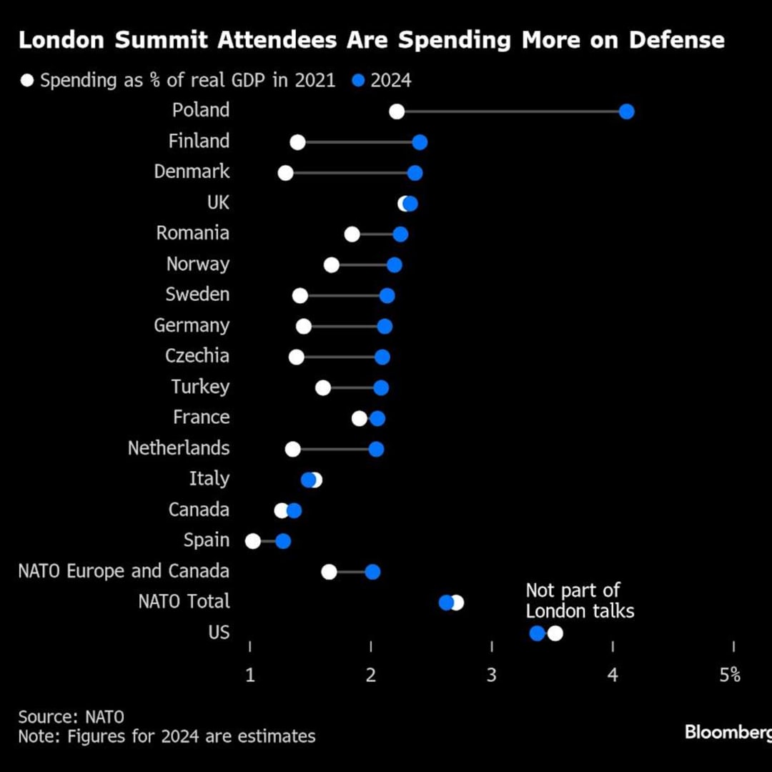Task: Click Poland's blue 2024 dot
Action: pos(627,112)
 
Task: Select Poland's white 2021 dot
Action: pos(397,112)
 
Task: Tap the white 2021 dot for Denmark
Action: pos(285,173)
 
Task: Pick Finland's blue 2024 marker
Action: pos(420,142)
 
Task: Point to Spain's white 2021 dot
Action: pos(253,541)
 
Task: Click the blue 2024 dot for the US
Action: pos(537,633)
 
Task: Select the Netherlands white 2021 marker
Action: pos(292,449)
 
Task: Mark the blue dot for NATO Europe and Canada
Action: pos(372,572)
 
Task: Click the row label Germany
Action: pos(192,326)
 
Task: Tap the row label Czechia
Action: pos(197,357)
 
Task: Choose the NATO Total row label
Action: pos(184,602)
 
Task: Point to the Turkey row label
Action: pos(200,387)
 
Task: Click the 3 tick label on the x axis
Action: pos(492,675)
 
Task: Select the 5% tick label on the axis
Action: pos(730,675)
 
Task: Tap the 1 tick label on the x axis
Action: pos(250,675)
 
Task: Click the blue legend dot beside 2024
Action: pos(359,81)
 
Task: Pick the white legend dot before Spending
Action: pos(27,81)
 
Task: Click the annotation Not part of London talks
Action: pos(579,600)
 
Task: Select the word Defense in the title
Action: pos(676,40)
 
